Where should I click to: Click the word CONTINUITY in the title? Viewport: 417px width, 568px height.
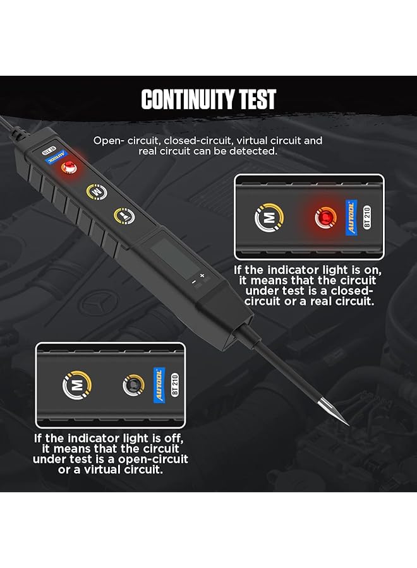[187, 99]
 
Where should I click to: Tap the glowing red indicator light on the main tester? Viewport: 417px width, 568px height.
[69, 168]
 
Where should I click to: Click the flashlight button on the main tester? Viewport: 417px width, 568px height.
[124, 216]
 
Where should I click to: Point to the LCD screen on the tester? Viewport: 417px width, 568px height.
[175, 258]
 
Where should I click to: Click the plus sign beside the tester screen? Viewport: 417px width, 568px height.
[202, 276]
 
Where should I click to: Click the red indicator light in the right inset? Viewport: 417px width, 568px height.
[325, 218]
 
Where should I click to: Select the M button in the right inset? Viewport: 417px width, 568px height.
[269, 217]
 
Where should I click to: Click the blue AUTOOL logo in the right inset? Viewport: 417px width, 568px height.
[351, 217]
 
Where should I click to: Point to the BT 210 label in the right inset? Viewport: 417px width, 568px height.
[367, 216]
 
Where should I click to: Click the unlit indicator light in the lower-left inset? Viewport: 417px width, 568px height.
[133, 385]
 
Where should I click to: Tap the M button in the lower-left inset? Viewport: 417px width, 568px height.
[77, 385]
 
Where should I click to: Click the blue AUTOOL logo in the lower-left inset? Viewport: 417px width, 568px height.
[159, 385]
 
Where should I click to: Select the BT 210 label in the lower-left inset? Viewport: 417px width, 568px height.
[175, 384]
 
